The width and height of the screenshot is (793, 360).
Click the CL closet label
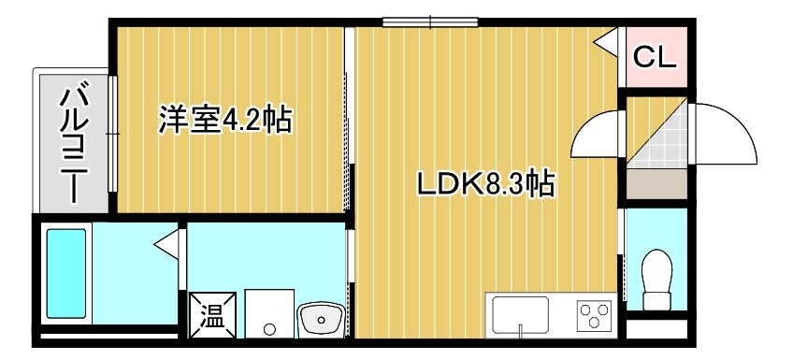point(655,57)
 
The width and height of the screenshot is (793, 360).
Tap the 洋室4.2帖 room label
point(225,120)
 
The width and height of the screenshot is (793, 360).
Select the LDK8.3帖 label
point(486,183)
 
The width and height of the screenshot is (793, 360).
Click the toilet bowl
point(657,279)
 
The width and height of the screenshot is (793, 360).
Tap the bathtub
point(66,274)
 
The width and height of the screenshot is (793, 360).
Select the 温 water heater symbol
point(213,314)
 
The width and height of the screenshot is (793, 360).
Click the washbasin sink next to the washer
point(321,320)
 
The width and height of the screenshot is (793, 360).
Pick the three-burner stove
point(594,315)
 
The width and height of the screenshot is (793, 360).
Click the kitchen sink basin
point(521,313)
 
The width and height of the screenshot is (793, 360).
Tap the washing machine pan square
point(269,313)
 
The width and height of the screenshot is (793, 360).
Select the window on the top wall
point(430,22)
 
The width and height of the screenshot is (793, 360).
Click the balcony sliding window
point(112,134)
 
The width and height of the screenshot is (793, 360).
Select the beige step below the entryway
point(657,184)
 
